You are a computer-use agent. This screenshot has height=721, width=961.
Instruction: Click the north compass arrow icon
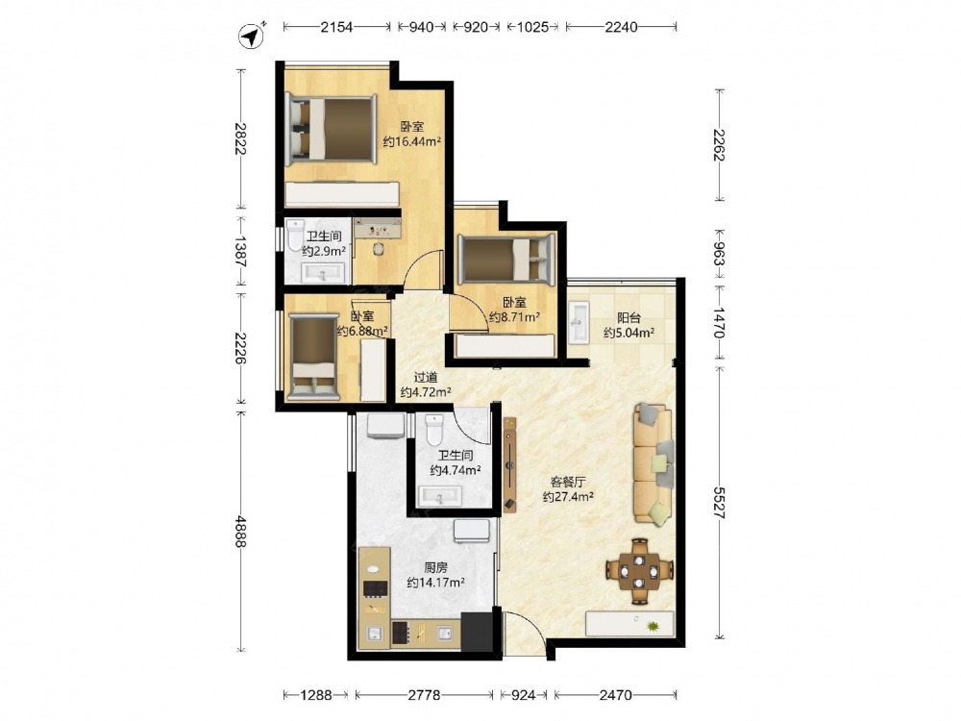pyautogui.click(x=250, y=37)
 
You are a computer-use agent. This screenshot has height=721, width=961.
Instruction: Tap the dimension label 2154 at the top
pyautogui.click(x=336, y=27)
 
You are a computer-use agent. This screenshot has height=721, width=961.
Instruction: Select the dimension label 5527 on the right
pyautogui.click(x=720, y=504)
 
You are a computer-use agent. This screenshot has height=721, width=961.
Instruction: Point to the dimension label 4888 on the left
pyautogui.click(x=242, y=533)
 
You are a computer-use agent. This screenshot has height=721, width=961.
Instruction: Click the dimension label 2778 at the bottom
pyautogui.click(x=424, y=695)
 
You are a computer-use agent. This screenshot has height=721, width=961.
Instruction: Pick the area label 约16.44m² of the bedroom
pyautogui.click(x=412, y=142)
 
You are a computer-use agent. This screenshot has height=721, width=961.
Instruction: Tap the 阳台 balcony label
pyautogui.click(x=628, y=317)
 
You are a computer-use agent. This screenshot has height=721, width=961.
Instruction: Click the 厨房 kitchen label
pyautogui.click(x=435, y=568)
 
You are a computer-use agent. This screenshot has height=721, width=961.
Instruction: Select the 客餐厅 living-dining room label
pyautogui.click(x=568, y=482)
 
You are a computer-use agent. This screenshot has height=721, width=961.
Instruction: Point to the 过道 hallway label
pyautogui.click(x=426, y=378)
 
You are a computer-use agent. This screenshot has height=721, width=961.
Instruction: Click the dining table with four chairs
pyautogui.click(x=640, y=571)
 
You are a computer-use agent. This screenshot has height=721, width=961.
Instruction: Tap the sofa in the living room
pyautogui.click(x=653, y=464)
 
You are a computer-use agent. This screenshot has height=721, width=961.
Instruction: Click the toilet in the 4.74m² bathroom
pyautogui.click(x=434, y=430)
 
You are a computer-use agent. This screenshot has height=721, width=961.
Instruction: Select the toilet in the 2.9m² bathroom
pyautogui.click(x=295, y=235)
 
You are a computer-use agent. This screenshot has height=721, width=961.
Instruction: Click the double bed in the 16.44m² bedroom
pyautogui.click(x=331, y=129)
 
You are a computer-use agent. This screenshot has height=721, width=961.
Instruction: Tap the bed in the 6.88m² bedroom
pyautogui.click(x=314, y=357)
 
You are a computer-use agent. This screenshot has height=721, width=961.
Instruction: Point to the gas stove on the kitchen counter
pyautogui.click(x=374, y=589)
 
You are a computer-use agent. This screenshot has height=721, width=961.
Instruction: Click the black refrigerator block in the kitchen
pyautogui.click(x=478, y=633)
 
